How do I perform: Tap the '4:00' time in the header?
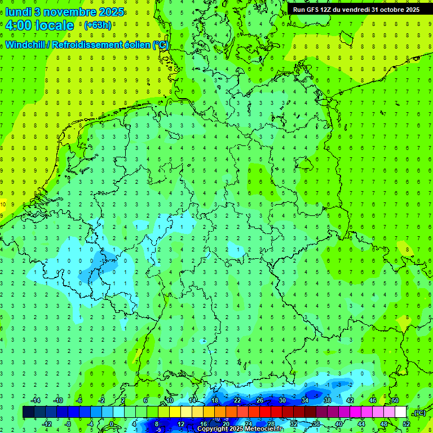[x=19, y=25]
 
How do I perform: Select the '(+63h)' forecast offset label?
[x=98, y=25]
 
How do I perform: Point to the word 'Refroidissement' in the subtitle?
[x=87, y=45]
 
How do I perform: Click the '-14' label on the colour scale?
[x=36, y=400]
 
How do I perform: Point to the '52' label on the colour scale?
[x=407, y=424]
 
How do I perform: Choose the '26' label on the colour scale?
[x=260, y=400]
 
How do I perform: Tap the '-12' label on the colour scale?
[x=48, y=424]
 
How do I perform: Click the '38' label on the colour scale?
[x=327, y=400]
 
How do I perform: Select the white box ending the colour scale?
[x=401, y=412]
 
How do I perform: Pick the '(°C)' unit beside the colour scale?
[x=419, y=413]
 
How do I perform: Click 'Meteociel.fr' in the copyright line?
[x=265, y=429]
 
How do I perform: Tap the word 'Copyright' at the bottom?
[x=214, y=429]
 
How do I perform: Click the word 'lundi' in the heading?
[x=18, y=11]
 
